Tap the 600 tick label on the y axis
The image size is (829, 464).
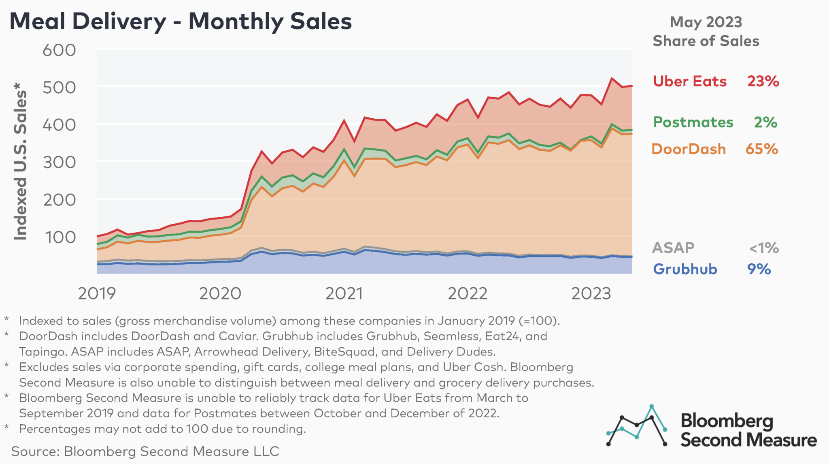click(x=59, y=50)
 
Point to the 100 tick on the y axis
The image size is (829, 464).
click(x=60, y=237)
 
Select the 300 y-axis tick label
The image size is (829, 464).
click(x=59, y=163)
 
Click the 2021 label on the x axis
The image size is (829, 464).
click(x=344, y=293)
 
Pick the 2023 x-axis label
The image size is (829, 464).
click(x=591, y=293)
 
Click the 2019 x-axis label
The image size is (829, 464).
click(x=97, y=293)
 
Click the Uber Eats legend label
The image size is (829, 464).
click(x=690, y=81)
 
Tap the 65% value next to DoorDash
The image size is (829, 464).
click(x=761, y=149)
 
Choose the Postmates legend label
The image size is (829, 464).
click(x=693, y=122)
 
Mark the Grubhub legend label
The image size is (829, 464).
click(x=685, y=269)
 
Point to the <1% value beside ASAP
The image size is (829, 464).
click(x=763, y=248)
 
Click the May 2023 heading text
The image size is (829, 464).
click(x=706, y=22)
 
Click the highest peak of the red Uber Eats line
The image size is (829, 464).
click(x=612, y=78)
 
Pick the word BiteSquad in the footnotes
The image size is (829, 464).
click(x=345, y=352)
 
